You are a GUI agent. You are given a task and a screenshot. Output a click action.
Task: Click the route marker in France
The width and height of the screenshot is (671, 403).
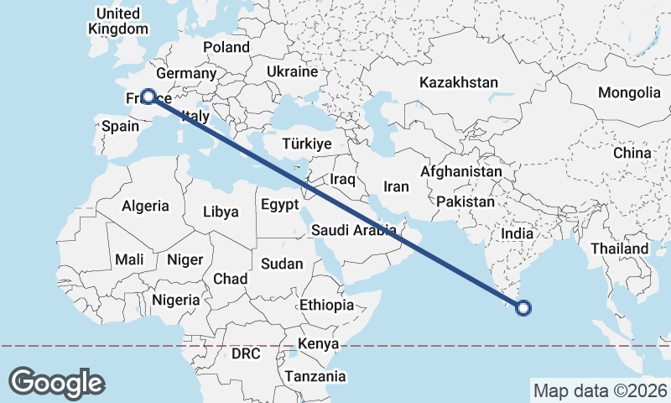click(148, 97)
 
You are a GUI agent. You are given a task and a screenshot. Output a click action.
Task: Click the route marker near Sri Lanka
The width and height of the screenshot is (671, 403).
click(523, 308)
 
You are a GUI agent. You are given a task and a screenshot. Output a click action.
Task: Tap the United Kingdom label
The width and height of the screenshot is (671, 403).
click(118, 21)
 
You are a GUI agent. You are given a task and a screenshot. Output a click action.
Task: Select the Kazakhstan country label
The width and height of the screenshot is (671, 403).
click(458, 83)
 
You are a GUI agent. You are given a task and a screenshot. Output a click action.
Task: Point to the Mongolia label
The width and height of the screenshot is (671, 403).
click(629, 92)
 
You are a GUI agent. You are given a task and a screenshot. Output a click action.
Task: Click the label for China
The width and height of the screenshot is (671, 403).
click(632, 153)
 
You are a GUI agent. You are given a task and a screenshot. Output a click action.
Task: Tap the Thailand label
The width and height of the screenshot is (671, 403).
click(619, 249)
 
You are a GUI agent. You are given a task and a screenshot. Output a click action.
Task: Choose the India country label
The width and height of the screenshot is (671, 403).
click(517, 234)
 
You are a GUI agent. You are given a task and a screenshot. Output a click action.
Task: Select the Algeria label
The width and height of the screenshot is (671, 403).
click(145, 206)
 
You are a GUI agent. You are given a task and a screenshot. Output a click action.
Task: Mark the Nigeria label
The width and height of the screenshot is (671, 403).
click(176, 299)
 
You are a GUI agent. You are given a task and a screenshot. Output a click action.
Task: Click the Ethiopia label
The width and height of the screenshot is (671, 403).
click(326, 305)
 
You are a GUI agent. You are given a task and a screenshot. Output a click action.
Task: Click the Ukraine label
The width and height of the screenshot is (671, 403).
click(291, 72)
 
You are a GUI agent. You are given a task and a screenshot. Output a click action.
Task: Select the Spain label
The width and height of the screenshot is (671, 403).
click(119, 127)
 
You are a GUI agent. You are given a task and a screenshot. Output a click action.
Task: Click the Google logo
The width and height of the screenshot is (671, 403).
click(56, 383)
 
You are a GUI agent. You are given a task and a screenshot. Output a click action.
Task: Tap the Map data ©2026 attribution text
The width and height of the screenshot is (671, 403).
click(601, 390)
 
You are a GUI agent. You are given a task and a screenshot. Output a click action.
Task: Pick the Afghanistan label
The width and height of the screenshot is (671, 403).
click(461, 172)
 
